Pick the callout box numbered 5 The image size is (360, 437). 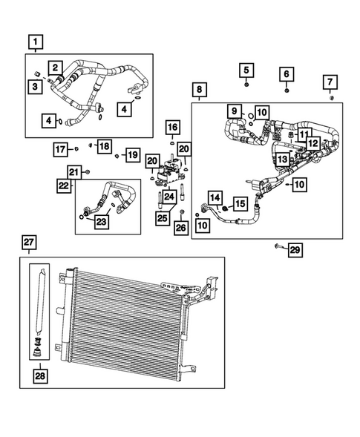[x=247, y=70]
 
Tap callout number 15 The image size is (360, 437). [x=240, y=203]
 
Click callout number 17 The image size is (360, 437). [x=61, y=151]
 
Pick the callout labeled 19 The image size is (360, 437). [x=131, y=154]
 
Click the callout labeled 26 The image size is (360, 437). [x=182, y=228]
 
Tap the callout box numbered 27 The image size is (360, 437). [x=29, y=242]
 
